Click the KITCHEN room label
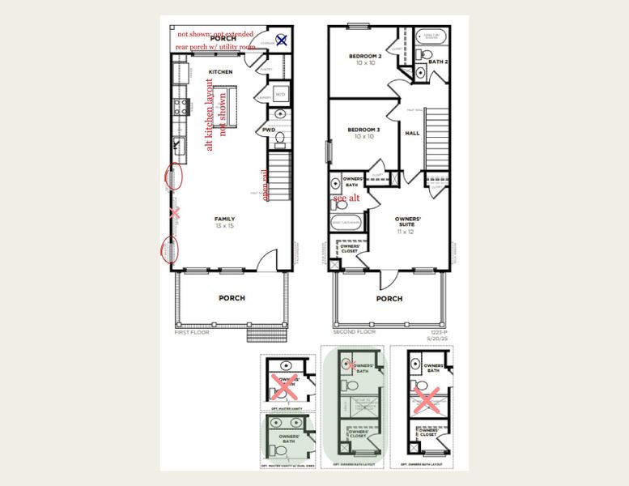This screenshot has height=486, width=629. (220, 72)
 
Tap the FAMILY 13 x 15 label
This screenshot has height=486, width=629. (224, 222)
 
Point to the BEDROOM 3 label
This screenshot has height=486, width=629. (364, 133)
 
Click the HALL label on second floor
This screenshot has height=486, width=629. (412, 133)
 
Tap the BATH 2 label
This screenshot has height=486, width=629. (437, 62)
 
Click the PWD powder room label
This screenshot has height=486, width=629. (269, 130)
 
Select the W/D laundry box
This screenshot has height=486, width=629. (280, 95)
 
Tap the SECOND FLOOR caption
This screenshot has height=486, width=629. (355, 332)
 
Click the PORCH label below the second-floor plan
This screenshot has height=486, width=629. (389, 298)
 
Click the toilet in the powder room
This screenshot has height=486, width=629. (280, 139)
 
